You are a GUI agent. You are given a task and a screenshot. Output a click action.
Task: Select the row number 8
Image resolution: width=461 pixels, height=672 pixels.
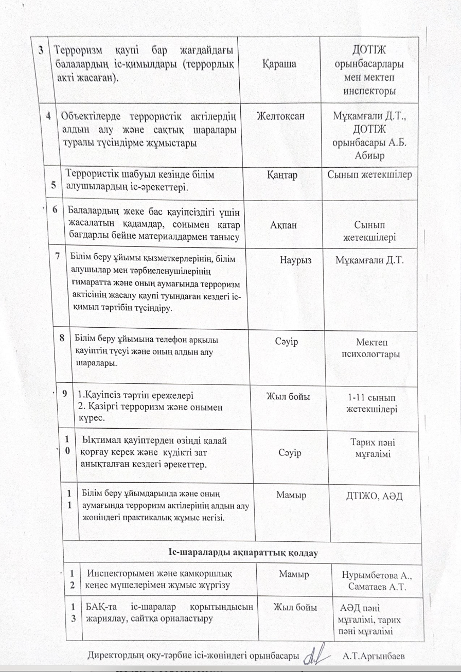[62, 338]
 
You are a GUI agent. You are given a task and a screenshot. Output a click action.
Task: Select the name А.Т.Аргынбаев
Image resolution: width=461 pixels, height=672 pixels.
[377, 656]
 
